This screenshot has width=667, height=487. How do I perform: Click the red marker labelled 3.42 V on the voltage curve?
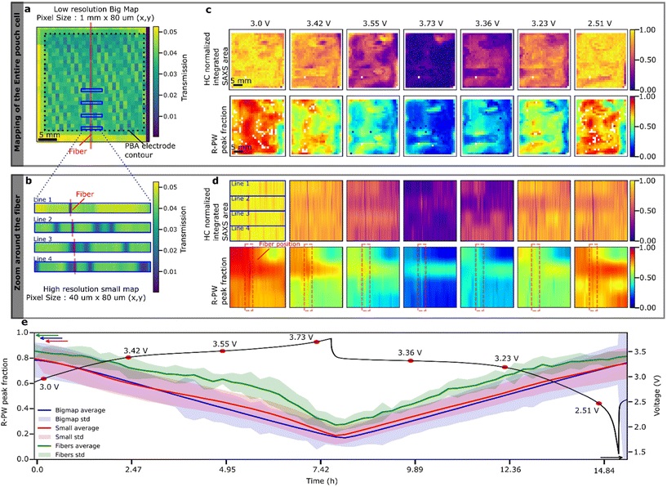coord(128,357)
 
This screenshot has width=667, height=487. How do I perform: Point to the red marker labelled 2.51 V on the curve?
coord(599,404)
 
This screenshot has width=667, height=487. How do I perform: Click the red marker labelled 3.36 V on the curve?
coord(411,360)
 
